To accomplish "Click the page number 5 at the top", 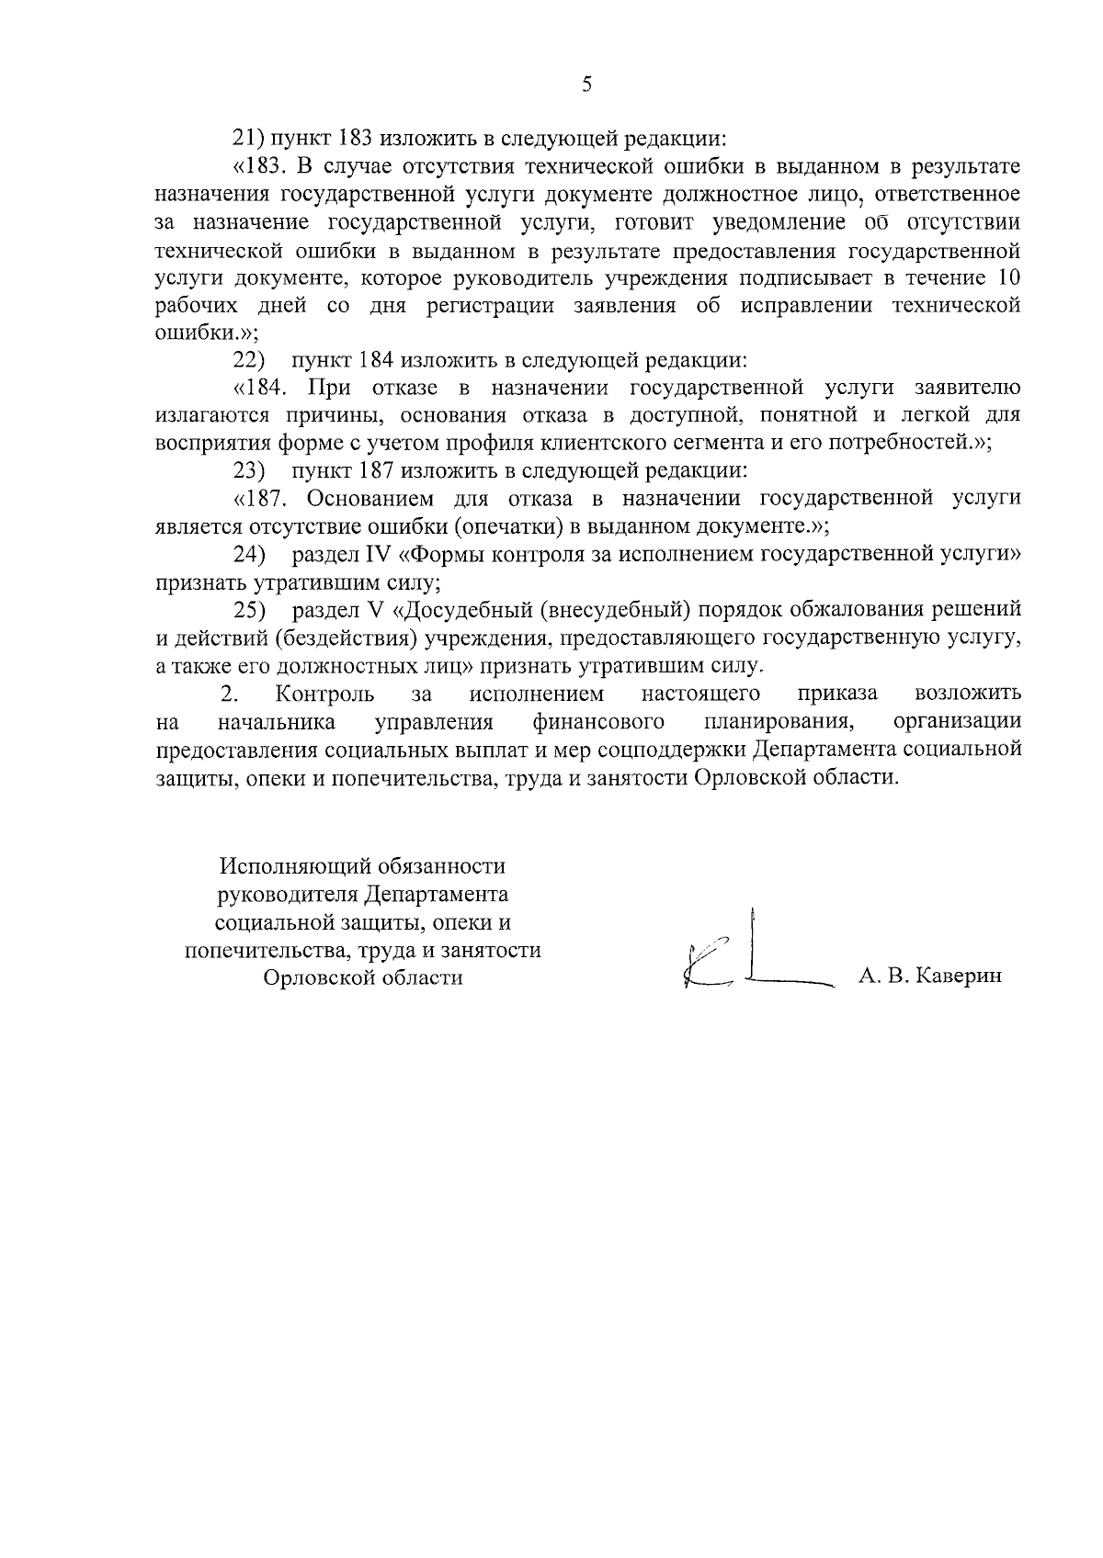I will [586, 85].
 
